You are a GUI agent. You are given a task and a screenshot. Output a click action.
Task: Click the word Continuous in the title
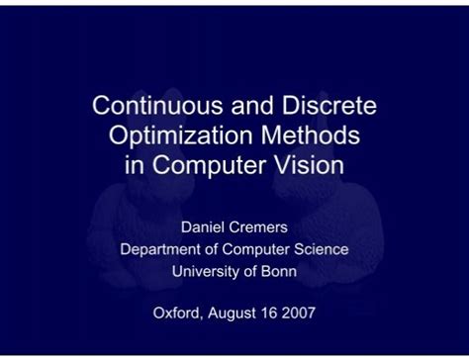(147, 106)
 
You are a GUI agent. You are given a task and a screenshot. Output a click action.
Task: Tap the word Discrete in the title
(328, 106)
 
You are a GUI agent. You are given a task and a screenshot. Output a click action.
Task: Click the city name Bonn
(277, 270)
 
